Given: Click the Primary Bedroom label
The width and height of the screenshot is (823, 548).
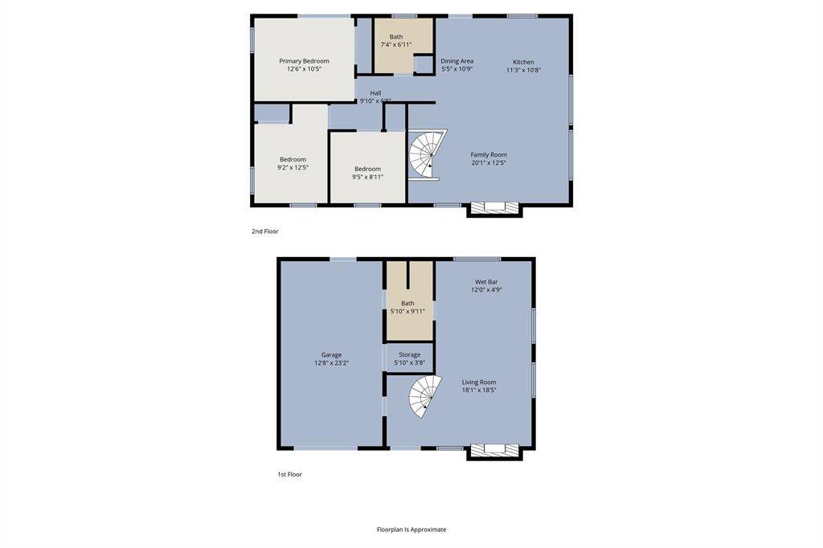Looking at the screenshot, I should click(304, 65).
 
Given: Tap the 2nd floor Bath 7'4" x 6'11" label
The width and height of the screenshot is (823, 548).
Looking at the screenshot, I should click(396, 41).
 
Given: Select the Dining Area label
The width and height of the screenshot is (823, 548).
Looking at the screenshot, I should click(457, 65).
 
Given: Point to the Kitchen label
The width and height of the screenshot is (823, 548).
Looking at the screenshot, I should click(523, 66).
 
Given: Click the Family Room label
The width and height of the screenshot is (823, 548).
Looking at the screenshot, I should click(489, 159).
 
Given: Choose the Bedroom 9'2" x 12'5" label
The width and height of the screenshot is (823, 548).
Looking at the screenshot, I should click(293, 163).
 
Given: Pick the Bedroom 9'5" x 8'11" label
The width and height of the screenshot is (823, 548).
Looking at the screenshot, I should click(367, 173).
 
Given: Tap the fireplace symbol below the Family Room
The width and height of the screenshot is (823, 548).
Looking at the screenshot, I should click(494, 208).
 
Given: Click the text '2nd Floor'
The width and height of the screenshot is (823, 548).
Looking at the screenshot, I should click(264, 231).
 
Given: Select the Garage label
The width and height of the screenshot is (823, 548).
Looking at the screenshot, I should click(331, 358).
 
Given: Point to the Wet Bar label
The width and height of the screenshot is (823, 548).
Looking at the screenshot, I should click(486, 285).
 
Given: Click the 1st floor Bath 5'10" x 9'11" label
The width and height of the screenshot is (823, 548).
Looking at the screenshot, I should click(407, 307).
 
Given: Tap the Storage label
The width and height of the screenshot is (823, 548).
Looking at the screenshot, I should click(409, 358).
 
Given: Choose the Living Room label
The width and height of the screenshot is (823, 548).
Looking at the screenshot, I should click(479, 386).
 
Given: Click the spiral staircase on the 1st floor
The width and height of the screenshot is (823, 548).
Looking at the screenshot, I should click(425, 397).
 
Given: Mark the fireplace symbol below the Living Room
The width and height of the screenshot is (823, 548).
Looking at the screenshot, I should click(494, 450).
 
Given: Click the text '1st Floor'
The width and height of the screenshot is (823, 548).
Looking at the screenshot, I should click(289, 475).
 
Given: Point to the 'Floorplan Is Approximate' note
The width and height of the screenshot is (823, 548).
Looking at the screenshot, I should click(411, 530).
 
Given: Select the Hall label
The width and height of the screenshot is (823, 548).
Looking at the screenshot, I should click(375, 96).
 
